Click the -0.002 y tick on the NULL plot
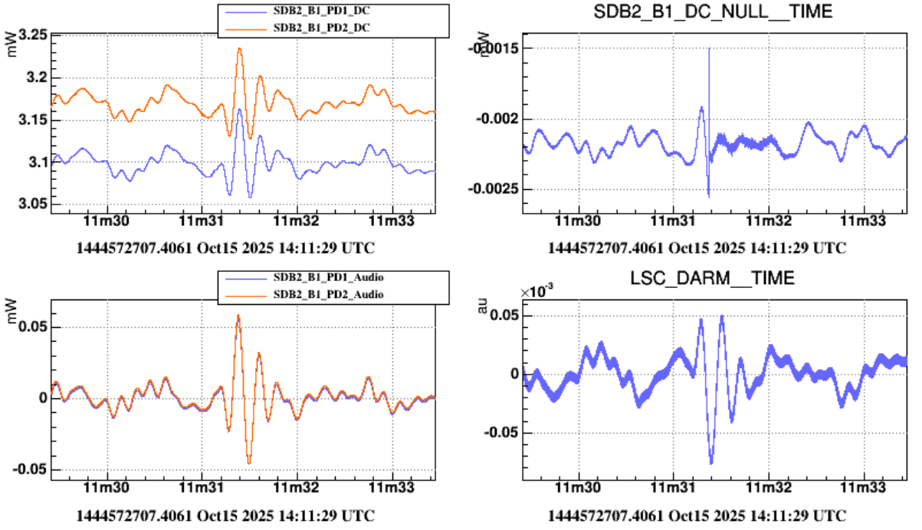(x=498, y=119)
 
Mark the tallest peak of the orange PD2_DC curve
(x=240, y=49)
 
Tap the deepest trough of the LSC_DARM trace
(x=711, y=463)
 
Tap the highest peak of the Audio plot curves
(x=238, y=315)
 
